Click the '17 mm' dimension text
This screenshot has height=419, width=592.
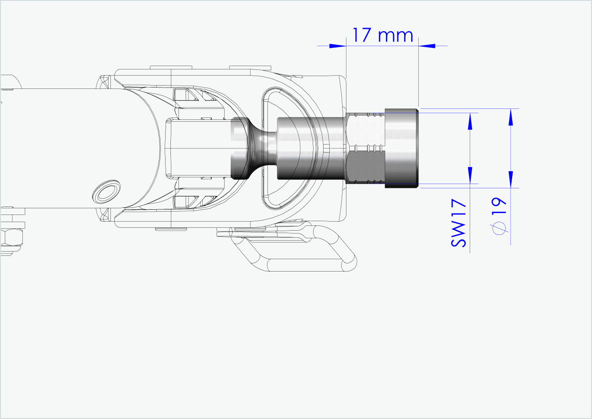[383, 35]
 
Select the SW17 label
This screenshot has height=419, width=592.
[459, 224]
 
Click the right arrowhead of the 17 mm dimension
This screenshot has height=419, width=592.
[427, 46]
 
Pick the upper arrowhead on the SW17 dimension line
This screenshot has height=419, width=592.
[470, 121]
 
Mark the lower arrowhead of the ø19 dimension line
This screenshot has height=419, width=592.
[511, 178]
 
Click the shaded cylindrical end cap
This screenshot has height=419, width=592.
[402, 148]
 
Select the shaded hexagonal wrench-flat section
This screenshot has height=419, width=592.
[365, 148]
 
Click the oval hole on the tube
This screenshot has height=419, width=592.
[106, 191]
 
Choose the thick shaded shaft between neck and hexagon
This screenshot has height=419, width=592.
[309, 148]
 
